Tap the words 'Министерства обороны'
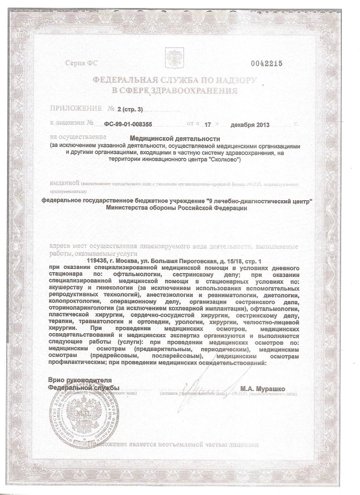pos(146,208)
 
